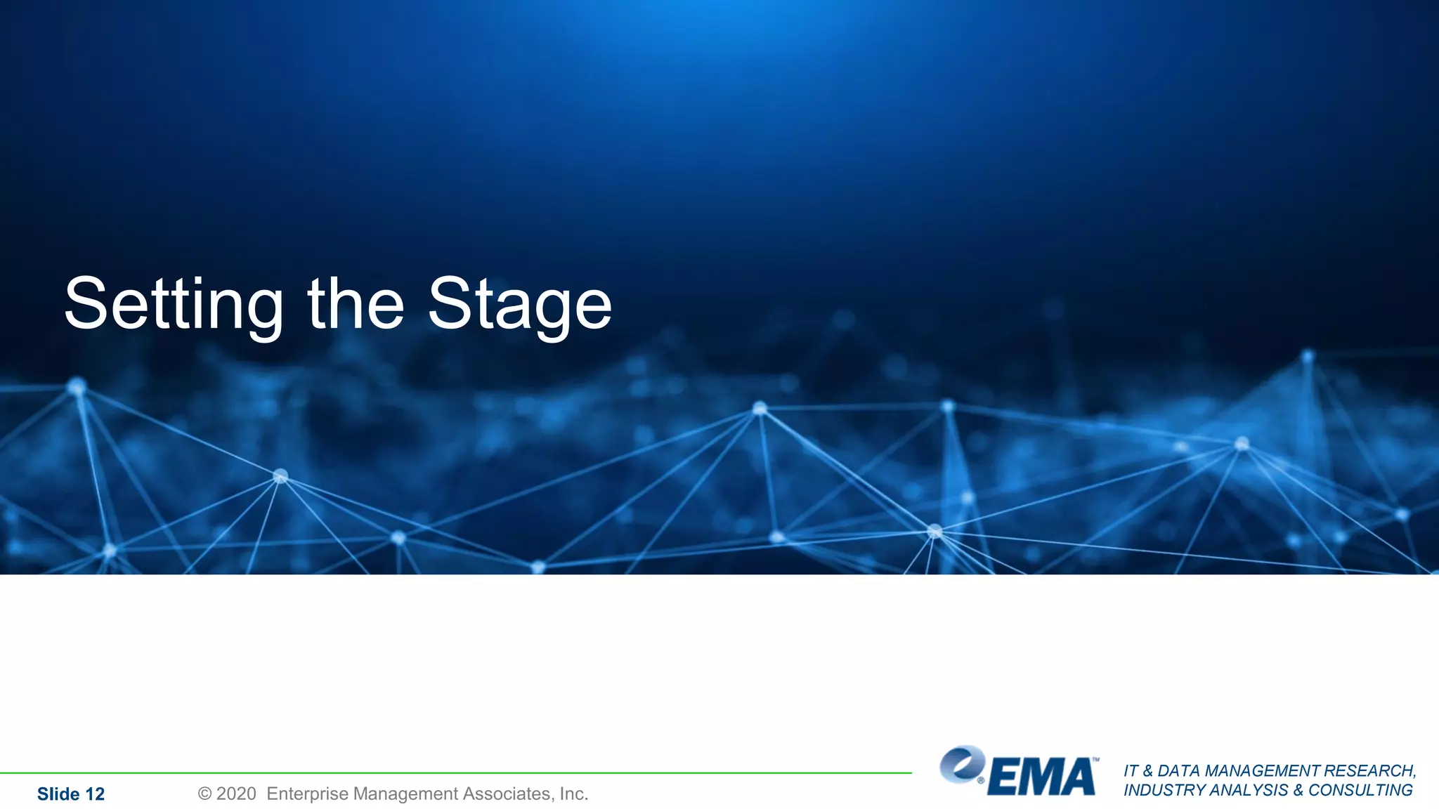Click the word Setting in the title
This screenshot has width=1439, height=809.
pyautogui.click(x=174, y=304)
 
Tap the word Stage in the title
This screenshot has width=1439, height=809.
pyautogui.click(x=520, y=304)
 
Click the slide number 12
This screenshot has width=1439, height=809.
pyautogui.click(x=94, y=794)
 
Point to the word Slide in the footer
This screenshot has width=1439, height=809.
pyautogui.click(x=58, y=794)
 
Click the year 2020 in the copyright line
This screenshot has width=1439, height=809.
pyautogui.click(x=236, y=794)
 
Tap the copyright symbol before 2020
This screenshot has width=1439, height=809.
pyautogui.click(x=204, y=794)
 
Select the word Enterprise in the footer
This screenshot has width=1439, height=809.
pyautogui.click(x=307, y=794)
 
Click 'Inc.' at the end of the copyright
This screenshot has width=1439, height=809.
pyautogui.click(x=573, y=794)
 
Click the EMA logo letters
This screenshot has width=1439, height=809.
pyautogui.click(x=1042, y=777)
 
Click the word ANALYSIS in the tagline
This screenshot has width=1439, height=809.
pyautogui.click(x=1251, y=790)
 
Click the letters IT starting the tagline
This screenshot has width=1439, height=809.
pyautogui.click(x=1131, y=771)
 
